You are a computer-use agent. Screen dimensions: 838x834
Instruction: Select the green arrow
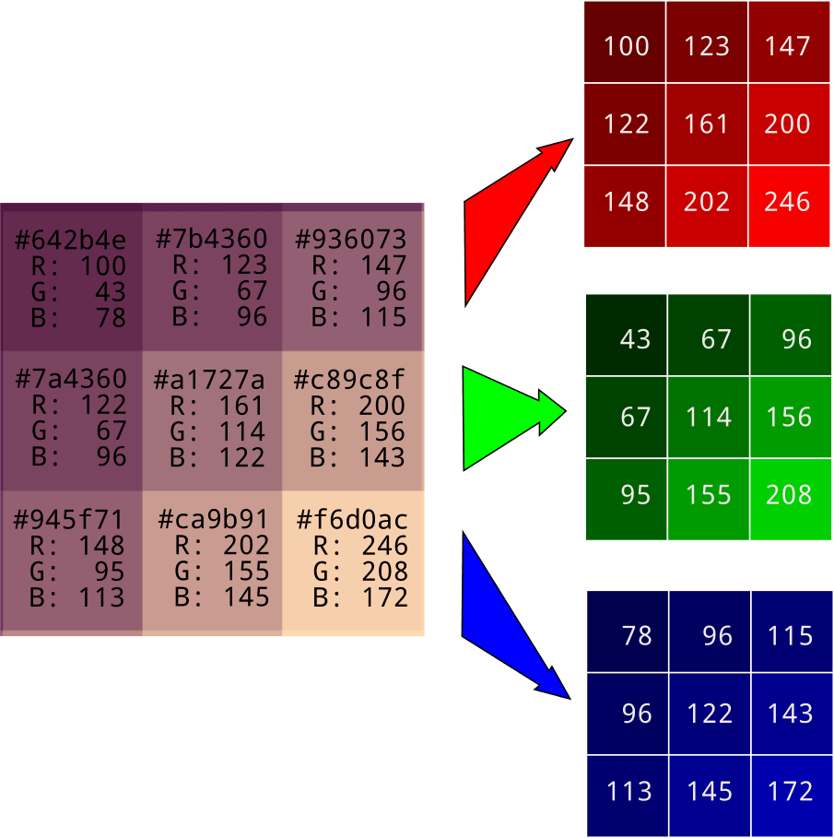click(x=502, y=418)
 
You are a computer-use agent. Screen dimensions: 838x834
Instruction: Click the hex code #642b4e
click(x=71, y=241)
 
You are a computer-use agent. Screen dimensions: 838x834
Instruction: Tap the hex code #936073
click(x=350, y=241)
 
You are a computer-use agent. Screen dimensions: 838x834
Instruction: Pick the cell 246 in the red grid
click(x=787, y=202)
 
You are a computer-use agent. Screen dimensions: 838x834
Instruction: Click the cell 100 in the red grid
click(x=627, y=46)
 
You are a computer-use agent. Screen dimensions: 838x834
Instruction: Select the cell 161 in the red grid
click(x=707, y=124)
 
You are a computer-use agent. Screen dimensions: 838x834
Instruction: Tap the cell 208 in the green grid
click(x=789, y=495)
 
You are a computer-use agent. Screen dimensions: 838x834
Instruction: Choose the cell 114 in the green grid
click(x=708, y=418)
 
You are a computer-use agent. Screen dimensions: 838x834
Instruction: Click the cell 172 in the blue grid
click(x=790, y=791)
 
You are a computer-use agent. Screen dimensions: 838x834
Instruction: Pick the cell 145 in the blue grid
click(x=709, y=791)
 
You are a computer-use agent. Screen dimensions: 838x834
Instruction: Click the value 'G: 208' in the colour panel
click(x=360, y=572)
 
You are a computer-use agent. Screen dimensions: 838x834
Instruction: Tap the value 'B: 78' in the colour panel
click(x=79, y=317)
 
